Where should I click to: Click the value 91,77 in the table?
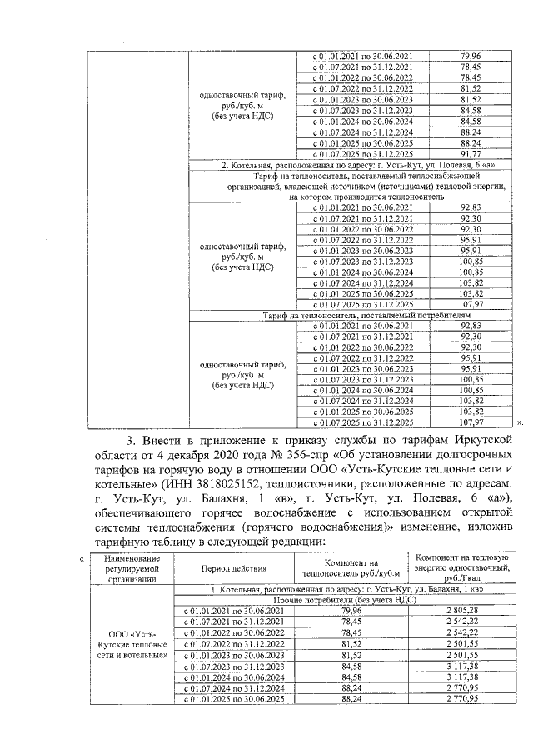[471, 153]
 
